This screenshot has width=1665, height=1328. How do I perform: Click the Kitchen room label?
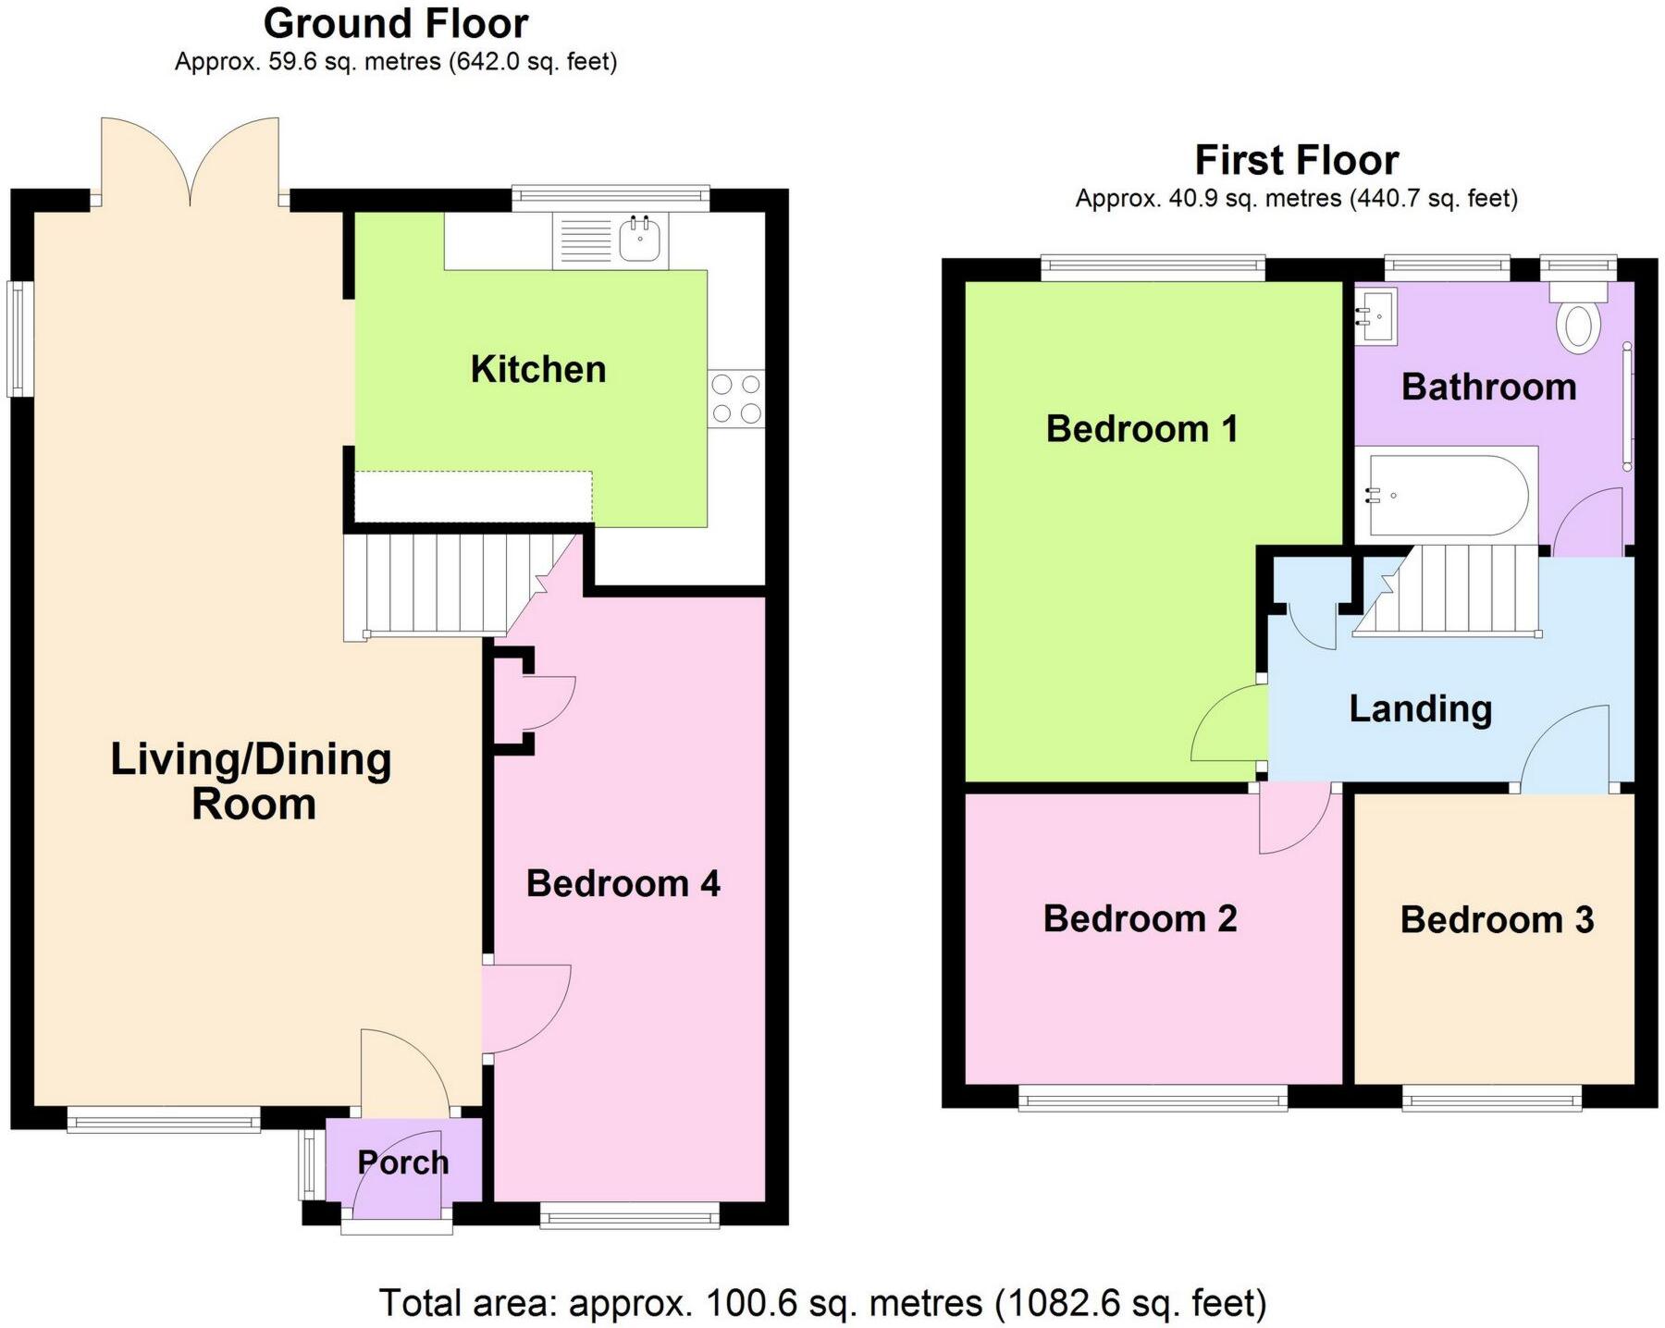click(537, 370)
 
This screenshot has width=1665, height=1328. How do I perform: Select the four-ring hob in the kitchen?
click(737, 399)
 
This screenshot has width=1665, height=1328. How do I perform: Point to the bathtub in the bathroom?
click(1446, 496)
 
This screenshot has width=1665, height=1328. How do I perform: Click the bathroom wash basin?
click(1375, 315)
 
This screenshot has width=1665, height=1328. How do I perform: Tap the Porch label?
click(402, 1162)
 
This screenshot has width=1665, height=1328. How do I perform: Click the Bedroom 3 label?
click(1496, 920)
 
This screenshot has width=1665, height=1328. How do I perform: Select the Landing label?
click(1420, 709)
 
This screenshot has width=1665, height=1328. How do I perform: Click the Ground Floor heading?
click(396, 23)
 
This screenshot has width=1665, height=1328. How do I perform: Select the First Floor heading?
click(1296, 160)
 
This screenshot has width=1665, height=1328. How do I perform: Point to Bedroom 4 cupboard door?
click(549, 703)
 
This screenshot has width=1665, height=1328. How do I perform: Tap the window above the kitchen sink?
click(610, 194)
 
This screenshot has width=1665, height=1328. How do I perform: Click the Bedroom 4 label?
click(623, 884)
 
